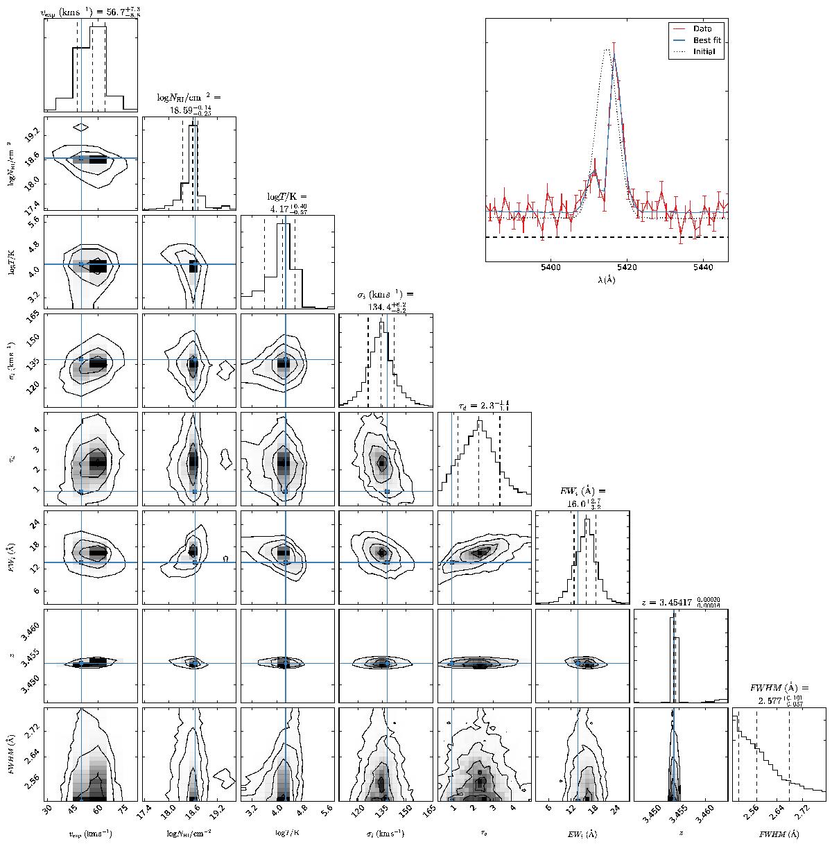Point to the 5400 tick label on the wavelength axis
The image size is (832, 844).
pos(551,267)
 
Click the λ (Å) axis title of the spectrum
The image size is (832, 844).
pos(606,279)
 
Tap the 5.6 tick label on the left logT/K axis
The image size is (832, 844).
pos(31,219)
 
